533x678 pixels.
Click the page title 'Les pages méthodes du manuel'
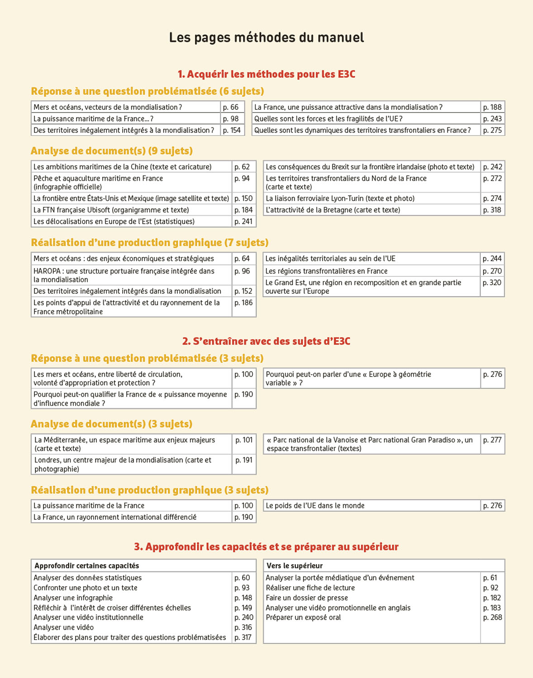click(266, 38)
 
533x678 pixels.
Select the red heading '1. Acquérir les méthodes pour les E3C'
click(266, 74)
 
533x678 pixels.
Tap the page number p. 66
click(231, 107)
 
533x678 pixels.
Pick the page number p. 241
click(243, 221)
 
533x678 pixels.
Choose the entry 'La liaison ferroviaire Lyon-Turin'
click(340, 198)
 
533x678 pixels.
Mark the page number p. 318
click(492, 210)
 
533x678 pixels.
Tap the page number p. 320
click(492, 282)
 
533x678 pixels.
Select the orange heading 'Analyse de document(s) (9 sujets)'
click(112, 151)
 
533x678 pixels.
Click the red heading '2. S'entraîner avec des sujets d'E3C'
click(266, 341)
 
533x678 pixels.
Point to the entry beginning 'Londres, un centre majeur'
click(123, 464)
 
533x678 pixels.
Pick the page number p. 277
click(492, 440)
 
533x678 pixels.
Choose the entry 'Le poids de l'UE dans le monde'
click(315, 506)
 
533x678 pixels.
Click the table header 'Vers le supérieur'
click(295, 566)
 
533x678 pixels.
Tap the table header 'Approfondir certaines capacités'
click(87, 566)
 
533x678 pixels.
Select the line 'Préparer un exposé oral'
click(303, 617)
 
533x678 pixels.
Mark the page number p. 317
click(243, 637)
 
